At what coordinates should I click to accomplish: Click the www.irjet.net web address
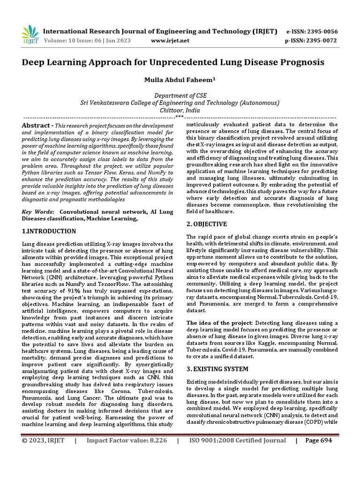170,40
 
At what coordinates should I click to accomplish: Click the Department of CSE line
180,95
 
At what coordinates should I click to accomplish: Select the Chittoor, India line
180,110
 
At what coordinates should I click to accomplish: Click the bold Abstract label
37,126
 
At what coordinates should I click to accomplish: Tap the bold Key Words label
37,212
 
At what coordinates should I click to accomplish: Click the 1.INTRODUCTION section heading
49,231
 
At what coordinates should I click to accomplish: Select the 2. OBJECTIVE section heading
207,224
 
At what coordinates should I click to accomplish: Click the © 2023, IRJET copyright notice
43,441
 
